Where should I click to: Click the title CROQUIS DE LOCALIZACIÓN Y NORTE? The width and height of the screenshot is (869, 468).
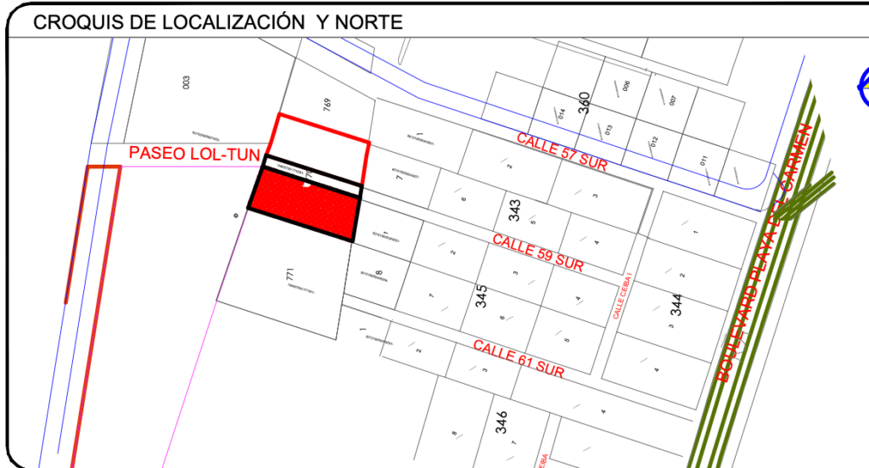click(x=217, y=23)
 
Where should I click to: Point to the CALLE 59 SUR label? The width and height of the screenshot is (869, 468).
click(x=538, y=252)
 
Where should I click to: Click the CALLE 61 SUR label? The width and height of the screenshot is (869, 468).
click(x=519, y=359)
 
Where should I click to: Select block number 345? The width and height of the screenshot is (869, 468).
click(x=481, y=296)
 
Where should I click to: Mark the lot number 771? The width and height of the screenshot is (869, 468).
click(x=289, y=276)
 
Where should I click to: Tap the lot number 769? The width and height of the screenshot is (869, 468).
click(x=327, y=105)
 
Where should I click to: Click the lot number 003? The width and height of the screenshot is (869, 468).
click(x=186, y=82)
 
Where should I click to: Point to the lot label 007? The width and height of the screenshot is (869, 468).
click(x=672, y=100)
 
